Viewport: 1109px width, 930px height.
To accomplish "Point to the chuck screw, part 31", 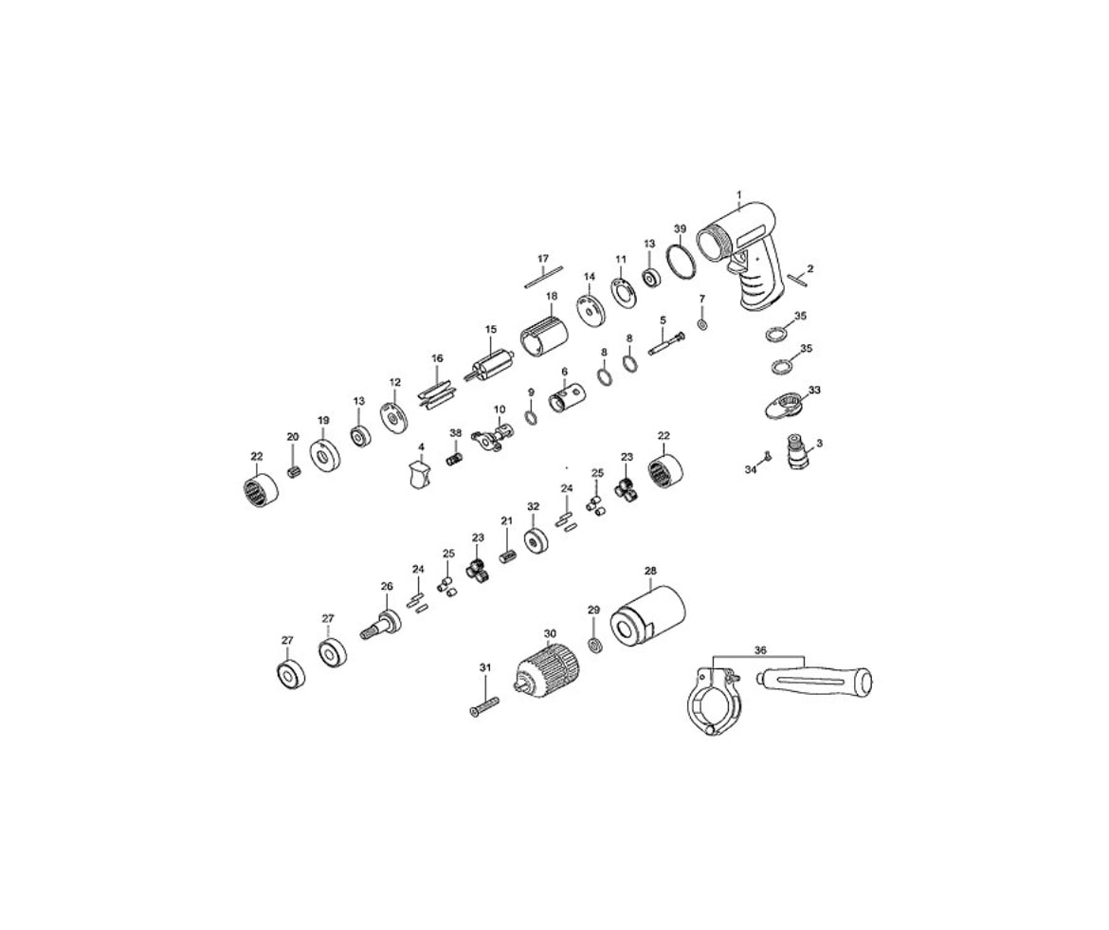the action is click(x=484, y=706).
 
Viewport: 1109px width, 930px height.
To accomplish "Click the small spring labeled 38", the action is click(x=454, y=459).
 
